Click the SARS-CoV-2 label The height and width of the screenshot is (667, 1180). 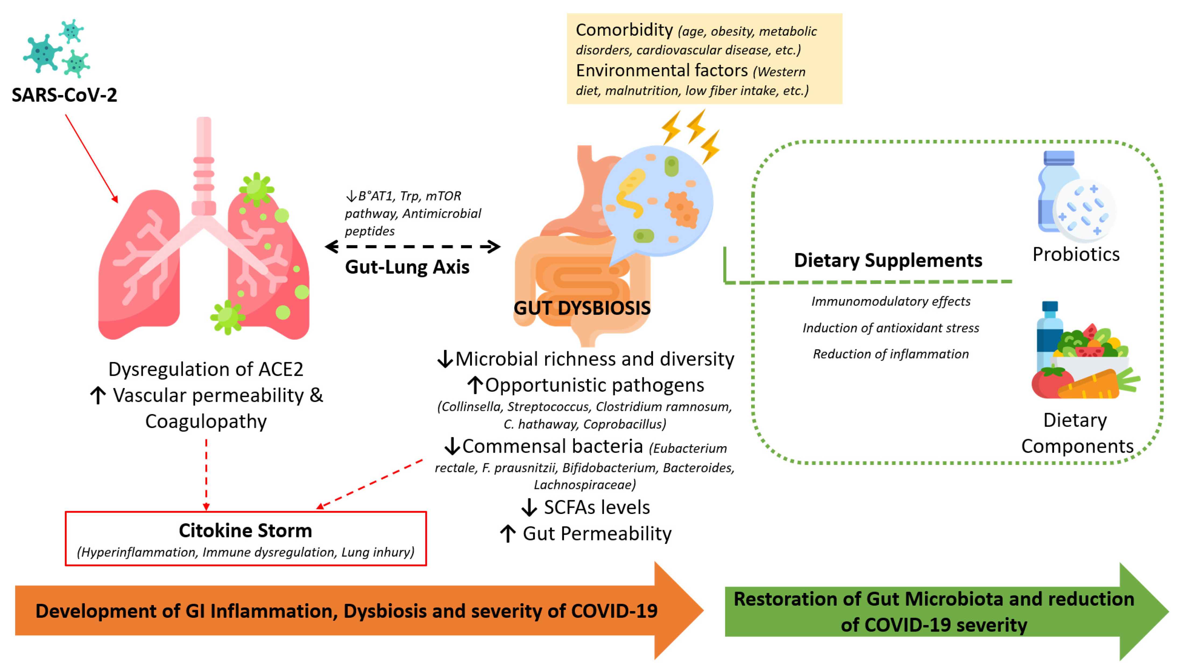(64, 95)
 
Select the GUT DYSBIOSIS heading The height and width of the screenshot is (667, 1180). (582, 308)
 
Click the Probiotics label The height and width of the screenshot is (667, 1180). (1076, 254)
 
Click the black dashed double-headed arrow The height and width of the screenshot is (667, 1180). (412, 246)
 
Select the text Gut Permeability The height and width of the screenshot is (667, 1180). (597, 534)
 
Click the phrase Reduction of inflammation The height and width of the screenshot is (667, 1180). (891, 354)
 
